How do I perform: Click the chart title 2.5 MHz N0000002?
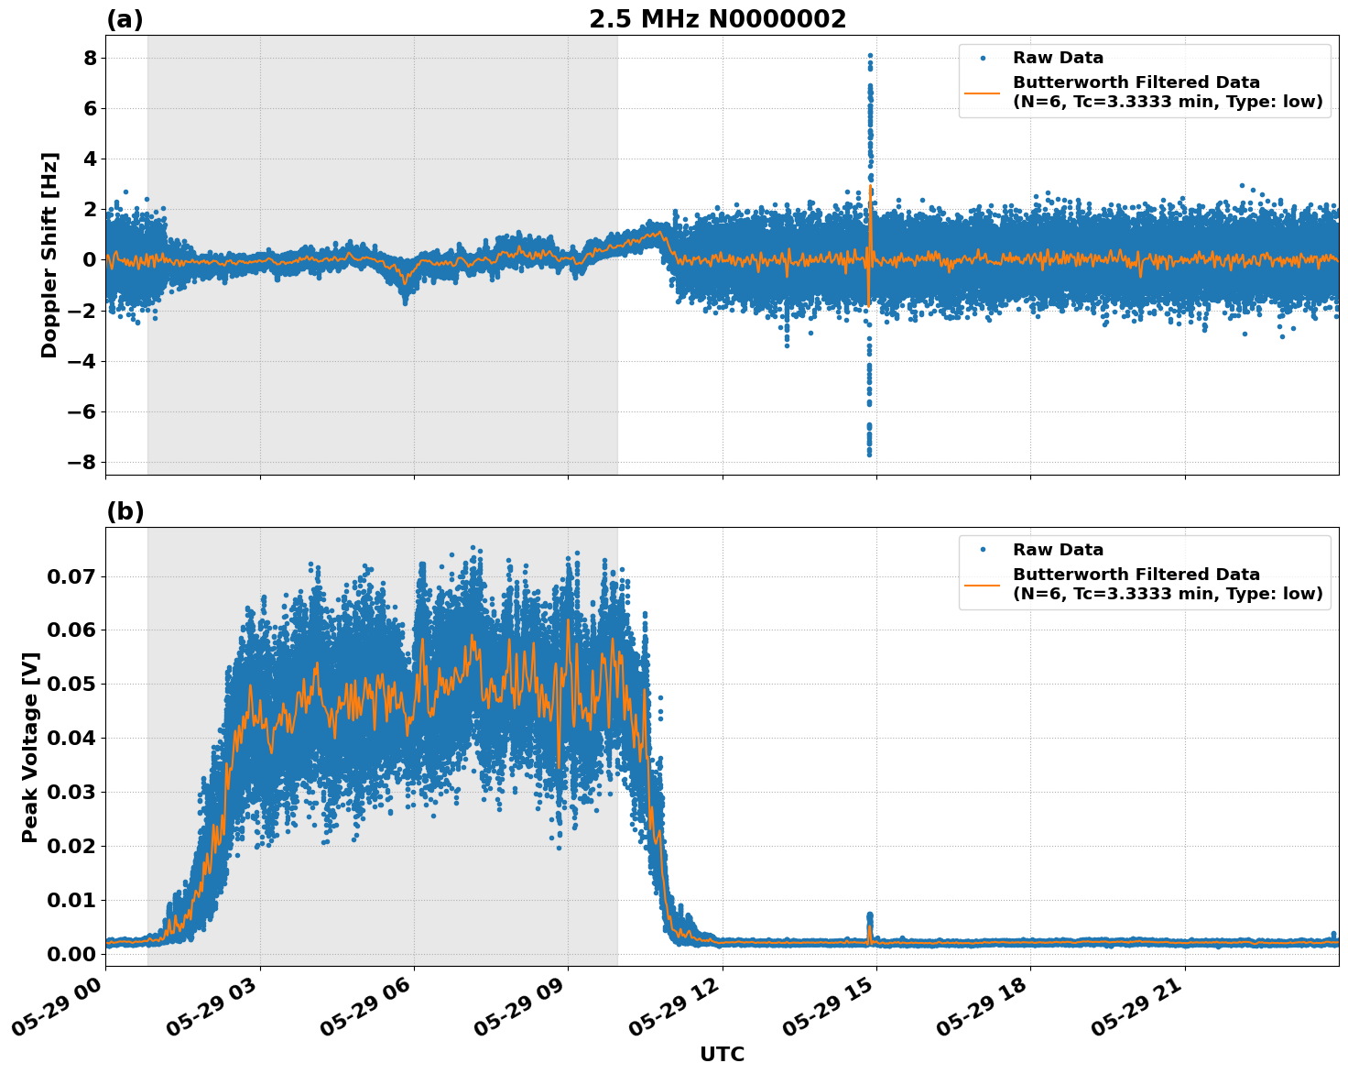point(717,19)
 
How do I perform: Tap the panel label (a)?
point(125,19)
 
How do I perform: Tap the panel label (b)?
point(125,511)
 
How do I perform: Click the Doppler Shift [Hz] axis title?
point(49,255)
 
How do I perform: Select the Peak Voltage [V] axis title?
point(30,747)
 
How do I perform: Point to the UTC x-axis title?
point(722,1055)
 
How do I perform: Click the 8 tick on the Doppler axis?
point(90,58)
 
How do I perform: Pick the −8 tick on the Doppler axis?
point(82,462)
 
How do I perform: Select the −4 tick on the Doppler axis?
point(82,361)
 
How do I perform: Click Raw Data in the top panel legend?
point(1058,58)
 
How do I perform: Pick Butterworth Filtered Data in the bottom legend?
point(1136,575)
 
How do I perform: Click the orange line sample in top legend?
point(983,92)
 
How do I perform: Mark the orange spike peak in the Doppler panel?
point(870,186)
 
